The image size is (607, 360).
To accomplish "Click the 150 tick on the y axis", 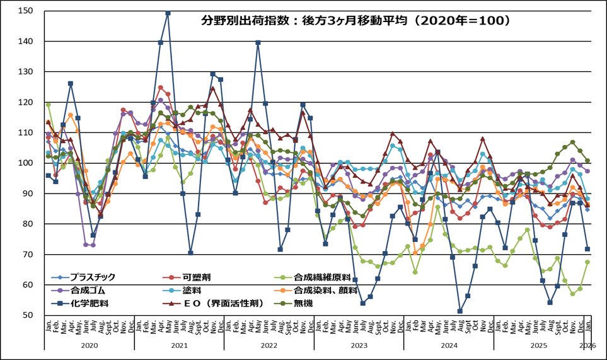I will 26,11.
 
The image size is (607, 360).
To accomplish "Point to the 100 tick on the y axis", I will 26,163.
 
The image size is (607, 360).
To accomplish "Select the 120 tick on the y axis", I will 26,102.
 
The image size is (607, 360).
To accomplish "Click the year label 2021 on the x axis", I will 180,345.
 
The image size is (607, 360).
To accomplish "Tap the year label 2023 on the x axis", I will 359,345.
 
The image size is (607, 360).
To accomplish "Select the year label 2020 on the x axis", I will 90,345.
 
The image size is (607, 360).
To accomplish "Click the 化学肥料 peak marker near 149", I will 168,13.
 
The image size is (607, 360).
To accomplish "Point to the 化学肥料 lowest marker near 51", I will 460,311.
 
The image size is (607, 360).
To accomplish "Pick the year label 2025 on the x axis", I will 539,345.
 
